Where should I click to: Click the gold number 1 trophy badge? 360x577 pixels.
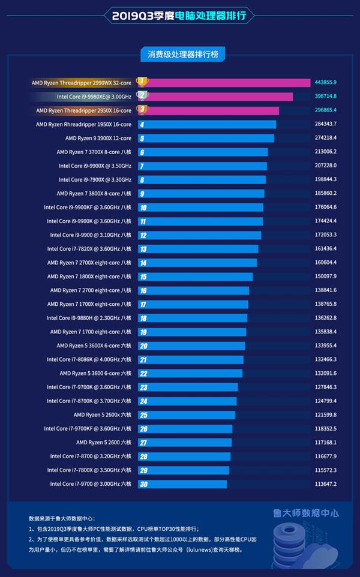point(142,82)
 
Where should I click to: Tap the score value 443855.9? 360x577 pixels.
point(326,83)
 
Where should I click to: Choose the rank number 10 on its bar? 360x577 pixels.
point(143,208)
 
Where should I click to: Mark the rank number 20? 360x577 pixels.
point(143,346)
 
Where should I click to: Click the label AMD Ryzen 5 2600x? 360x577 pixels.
point(102,415)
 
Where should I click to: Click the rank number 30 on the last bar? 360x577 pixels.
point(143,484)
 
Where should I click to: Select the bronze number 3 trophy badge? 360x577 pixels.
point(142,110)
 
